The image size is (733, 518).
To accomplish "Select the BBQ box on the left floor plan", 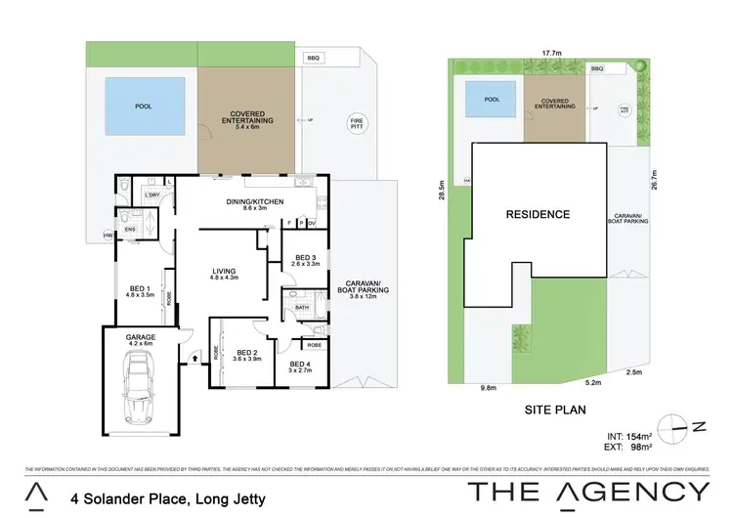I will pos(313,59).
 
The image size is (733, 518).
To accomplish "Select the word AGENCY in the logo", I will pos(635,492).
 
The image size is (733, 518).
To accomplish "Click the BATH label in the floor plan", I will pos(302,308).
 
